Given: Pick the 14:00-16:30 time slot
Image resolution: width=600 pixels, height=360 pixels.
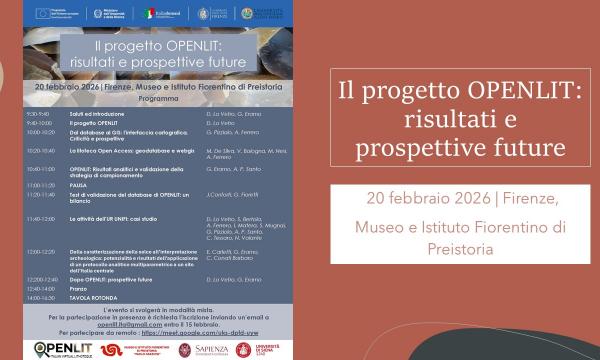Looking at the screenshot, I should click(40, 298).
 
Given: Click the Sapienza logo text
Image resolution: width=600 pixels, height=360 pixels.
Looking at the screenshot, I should click(213, 349).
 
